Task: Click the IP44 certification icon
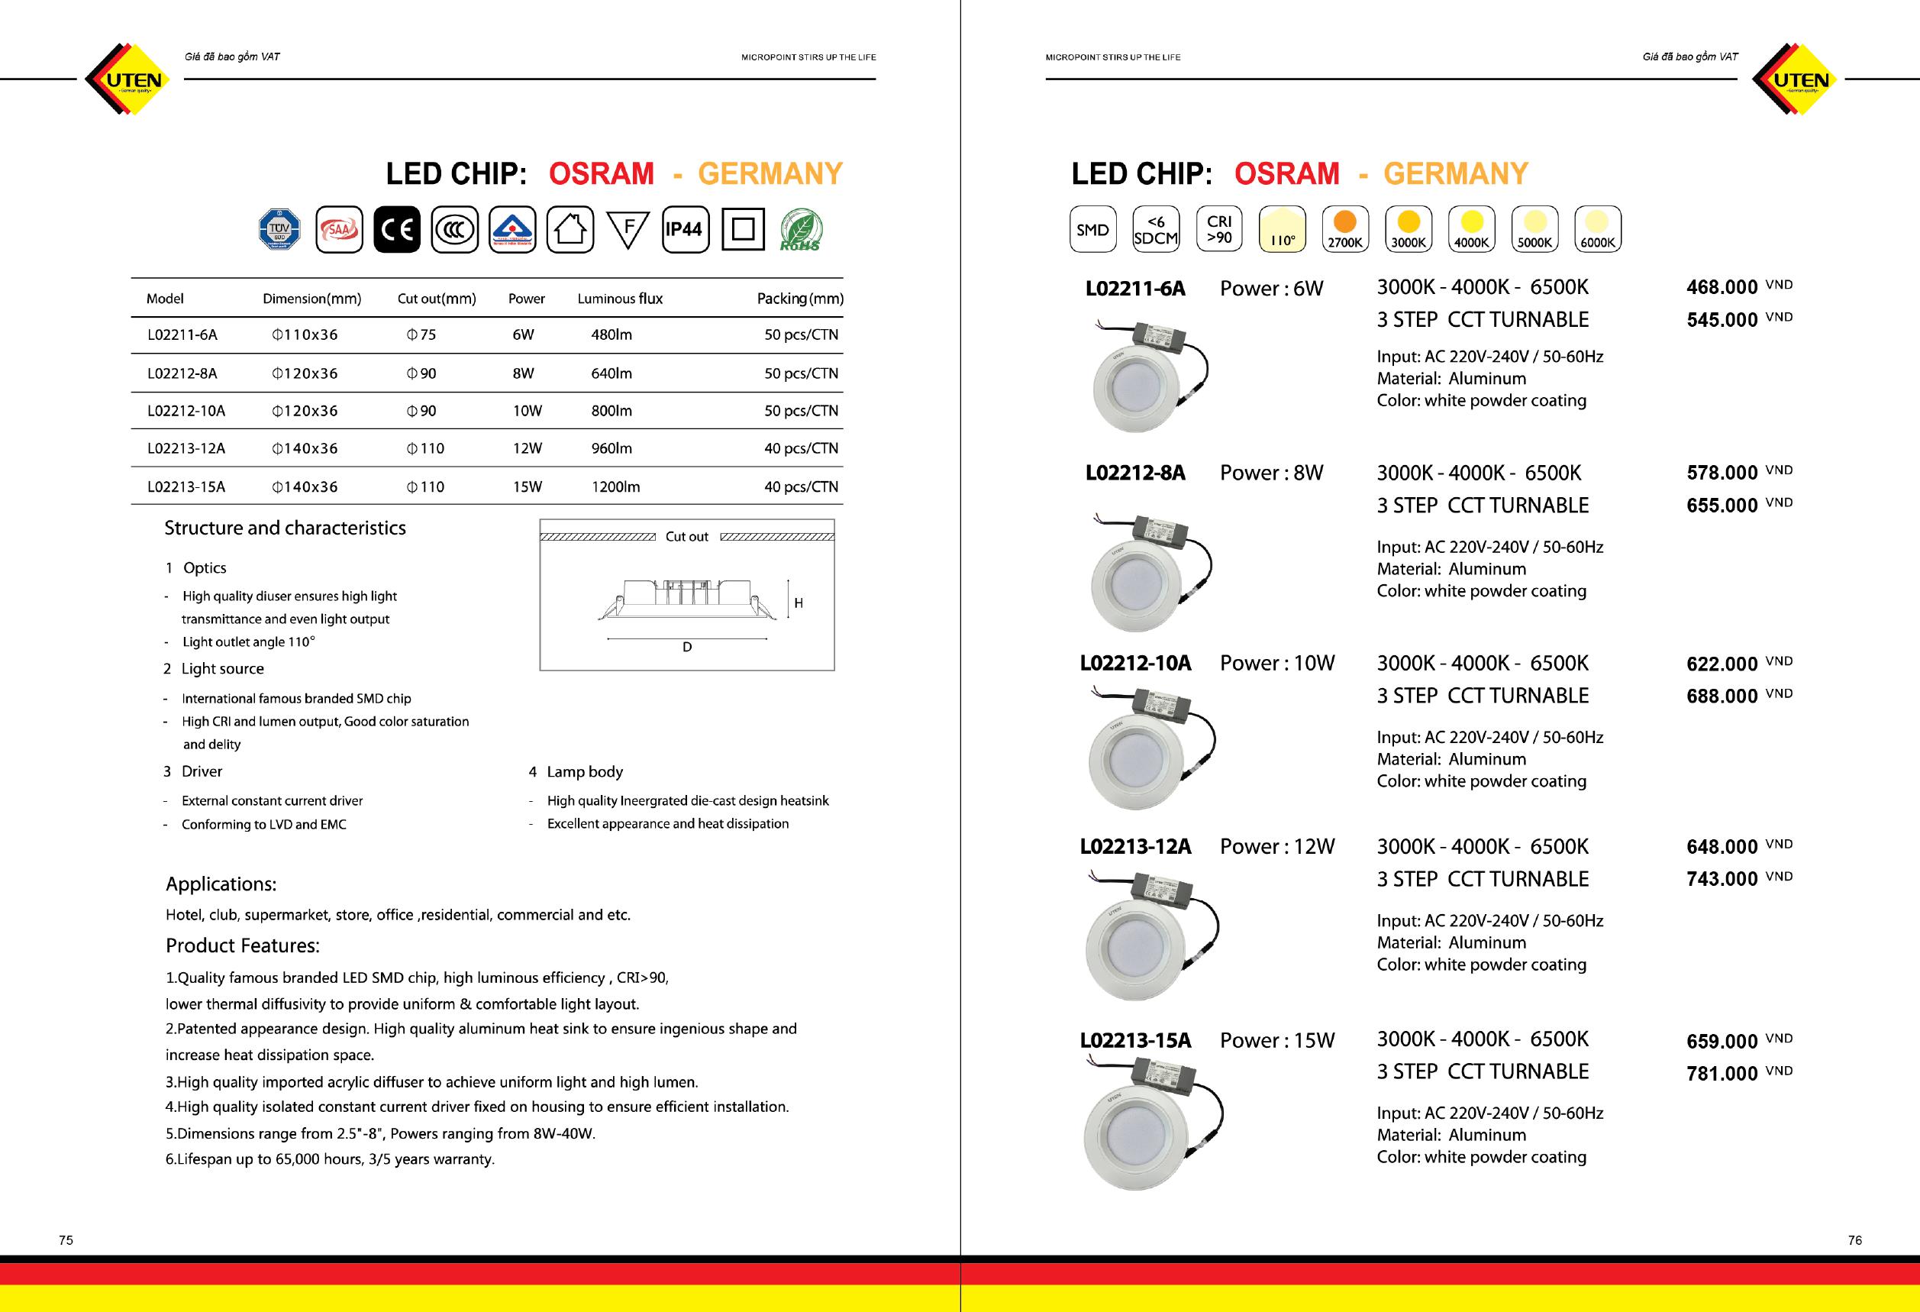(x=685, y=230)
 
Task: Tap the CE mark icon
(x=396, y=230)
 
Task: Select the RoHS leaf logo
(x=800, y=231)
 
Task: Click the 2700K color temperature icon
(x=1345, y=230)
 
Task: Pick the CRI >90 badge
(x=1218, y=230)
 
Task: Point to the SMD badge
(x=1092, y=230)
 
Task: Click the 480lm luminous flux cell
(x=611, y=334)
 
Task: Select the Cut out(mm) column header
(x=436, y=299)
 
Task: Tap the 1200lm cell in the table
(x=615, y=486)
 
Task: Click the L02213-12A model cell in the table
(x=186, y=448)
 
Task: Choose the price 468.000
(x=1722, y=287)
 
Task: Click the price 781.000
(x=1722, y=1073)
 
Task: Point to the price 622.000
(x=1722, y=664)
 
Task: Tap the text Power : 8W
(x=1271, y=473)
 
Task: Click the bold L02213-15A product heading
(x=1135, y=1040)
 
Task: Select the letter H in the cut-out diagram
(x=798, y=604)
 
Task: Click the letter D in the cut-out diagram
(x=686, y=648)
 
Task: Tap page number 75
(x=66, y=1240)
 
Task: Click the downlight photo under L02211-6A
(x=1148, y=376)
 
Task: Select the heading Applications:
(x=221, y=884)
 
